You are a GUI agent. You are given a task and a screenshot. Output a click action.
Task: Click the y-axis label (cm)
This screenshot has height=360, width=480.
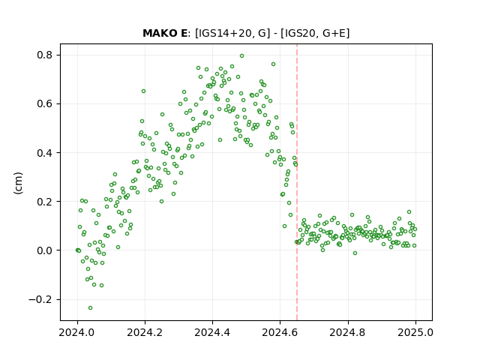[x=18, y=183]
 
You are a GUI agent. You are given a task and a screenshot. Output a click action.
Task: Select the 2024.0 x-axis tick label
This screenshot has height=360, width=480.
[x=77, y=332]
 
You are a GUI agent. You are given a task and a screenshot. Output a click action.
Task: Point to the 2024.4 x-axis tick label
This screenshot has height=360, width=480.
[x=212, y=332]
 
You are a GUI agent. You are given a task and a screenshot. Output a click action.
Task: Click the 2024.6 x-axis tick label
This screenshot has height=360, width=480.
[x=280, y=332]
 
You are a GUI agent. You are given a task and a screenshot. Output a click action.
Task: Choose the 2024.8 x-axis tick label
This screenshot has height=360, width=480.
[x=348, y=332]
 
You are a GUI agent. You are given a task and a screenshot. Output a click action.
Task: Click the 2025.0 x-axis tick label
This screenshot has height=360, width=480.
[x=415, y=332]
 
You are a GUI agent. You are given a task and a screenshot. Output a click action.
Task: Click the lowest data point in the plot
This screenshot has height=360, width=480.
[x=90, y=307]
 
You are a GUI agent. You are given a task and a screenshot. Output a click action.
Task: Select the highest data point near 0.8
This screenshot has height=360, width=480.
[x=241, y=56]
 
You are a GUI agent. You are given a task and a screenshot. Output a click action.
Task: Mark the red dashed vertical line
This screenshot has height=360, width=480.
[x=297, y=182]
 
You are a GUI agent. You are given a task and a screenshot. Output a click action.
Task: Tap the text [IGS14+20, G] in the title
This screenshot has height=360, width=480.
[x=232, y=33]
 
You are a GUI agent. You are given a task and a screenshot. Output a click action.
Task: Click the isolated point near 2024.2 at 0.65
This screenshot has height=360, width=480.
[x=143, y=91]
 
